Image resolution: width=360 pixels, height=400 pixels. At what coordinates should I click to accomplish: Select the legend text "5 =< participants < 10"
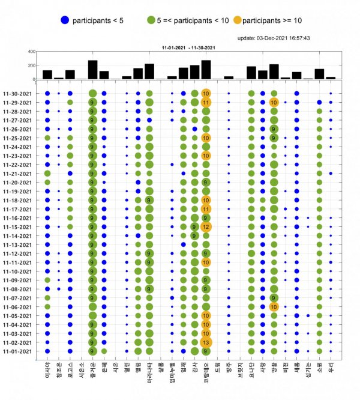coord(192,20)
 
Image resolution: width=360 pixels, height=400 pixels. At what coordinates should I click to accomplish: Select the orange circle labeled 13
coord(206,342)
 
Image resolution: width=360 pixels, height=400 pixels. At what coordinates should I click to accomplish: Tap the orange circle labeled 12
coord(206,227)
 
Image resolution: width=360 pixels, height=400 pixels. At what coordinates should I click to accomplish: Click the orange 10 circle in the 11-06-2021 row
coord(274,307)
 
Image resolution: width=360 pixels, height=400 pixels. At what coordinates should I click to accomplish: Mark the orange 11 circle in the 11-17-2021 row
coord(206,209)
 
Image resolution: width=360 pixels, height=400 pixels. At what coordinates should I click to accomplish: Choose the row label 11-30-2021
coord(20,94)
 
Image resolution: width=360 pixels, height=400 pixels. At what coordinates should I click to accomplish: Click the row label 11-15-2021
coord(20,227)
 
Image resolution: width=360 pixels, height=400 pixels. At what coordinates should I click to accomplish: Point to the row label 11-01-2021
coord(20,351)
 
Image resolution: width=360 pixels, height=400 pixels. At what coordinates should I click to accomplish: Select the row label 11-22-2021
coord(20,165)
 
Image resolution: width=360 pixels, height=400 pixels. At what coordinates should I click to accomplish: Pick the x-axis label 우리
coord(331,365)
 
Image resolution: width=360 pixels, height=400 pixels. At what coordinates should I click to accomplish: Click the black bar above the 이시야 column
coord(47,74)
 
